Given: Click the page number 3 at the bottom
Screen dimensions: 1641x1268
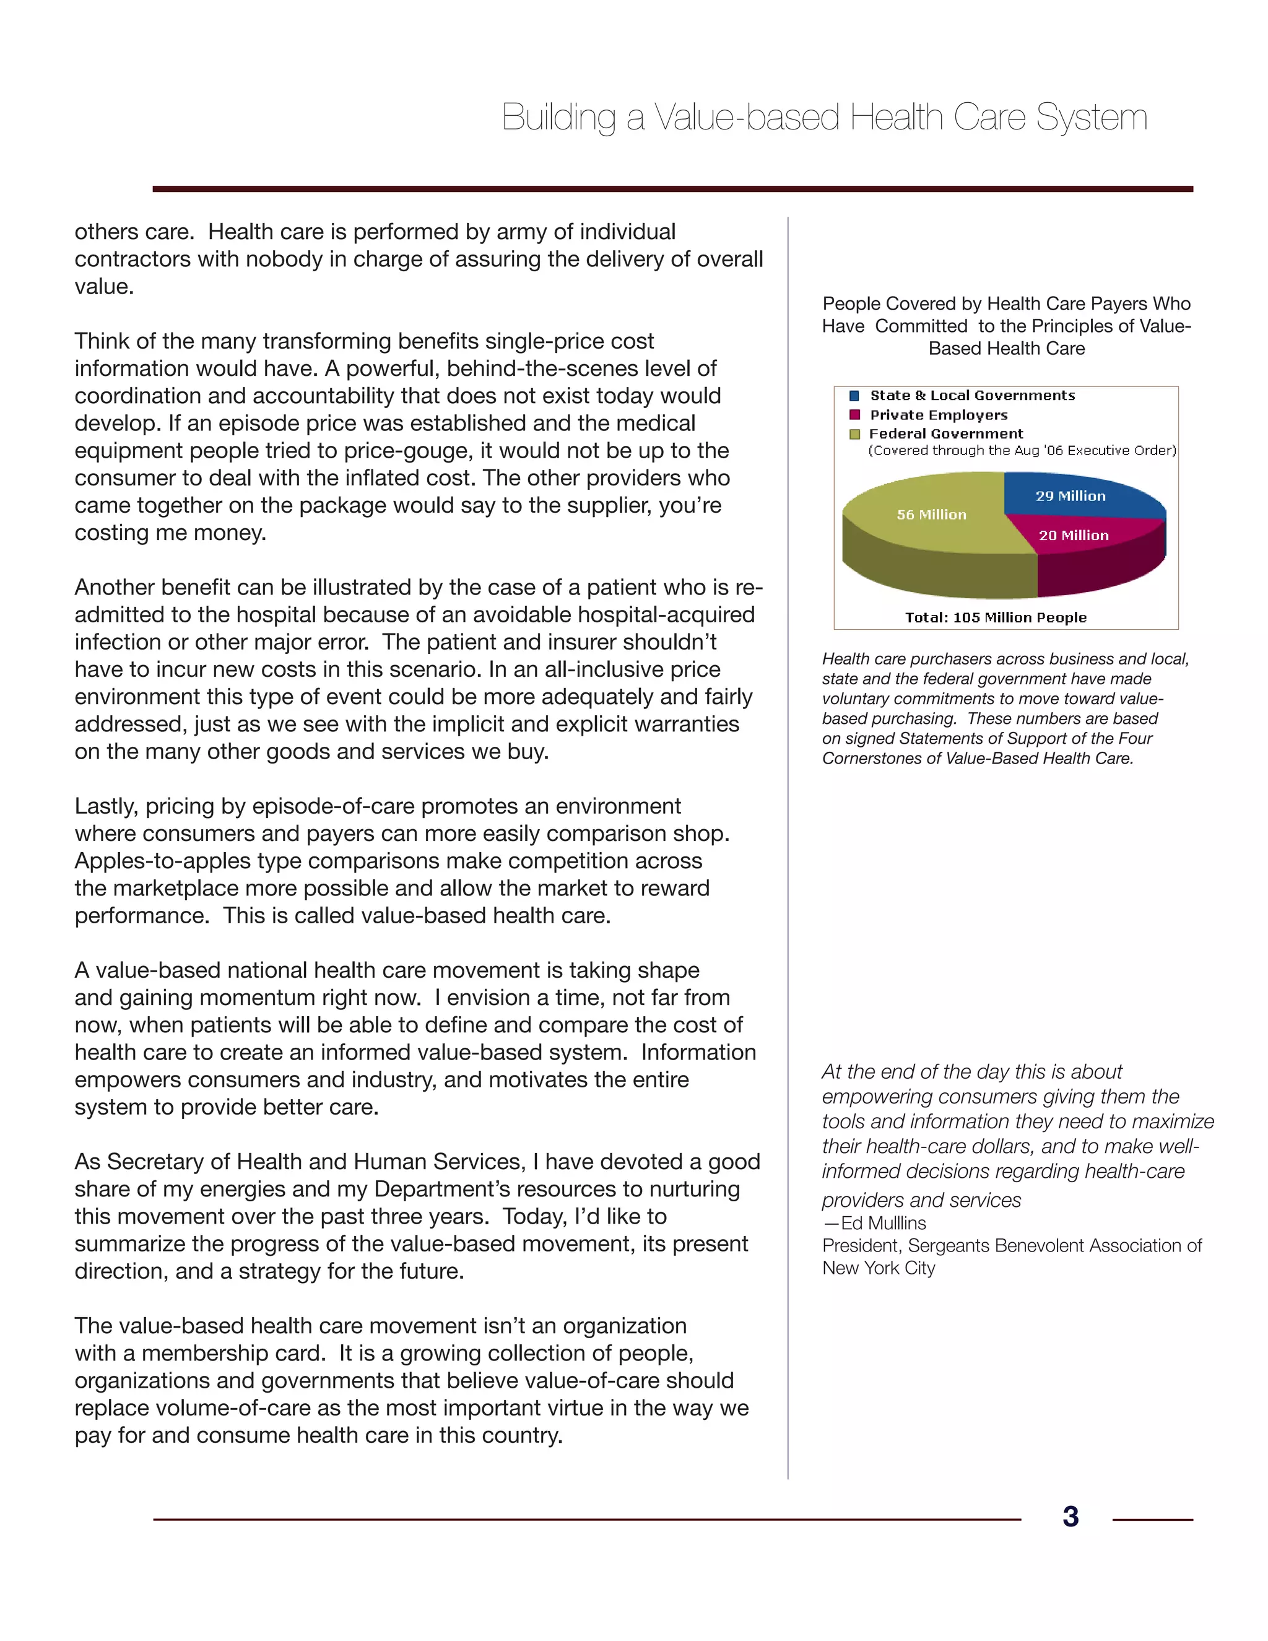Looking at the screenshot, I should click(x=1070, y=1517).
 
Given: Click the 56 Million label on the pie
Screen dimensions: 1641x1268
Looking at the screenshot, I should click(x=931, y=515).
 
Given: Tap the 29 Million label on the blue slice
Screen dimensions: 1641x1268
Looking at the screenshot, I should click(x=1070, y=496).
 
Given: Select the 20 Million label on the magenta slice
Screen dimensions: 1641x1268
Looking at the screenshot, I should click(x=1074, y=535).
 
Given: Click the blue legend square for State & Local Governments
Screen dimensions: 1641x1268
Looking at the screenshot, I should click(x=854, y=396).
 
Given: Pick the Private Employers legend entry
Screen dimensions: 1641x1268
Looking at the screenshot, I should click(x=938, y=415).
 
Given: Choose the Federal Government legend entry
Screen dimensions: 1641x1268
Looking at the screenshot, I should click(x=946, y=433).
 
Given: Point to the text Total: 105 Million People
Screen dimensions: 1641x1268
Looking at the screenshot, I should click(x=996, y=617).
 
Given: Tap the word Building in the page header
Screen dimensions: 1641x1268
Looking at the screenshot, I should click(x=558, y=118).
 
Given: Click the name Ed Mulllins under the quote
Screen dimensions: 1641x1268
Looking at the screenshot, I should click(x=884, y=1222).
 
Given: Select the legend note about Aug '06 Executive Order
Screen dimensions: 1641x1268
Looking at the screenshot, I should click(x=1022, y=451).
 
